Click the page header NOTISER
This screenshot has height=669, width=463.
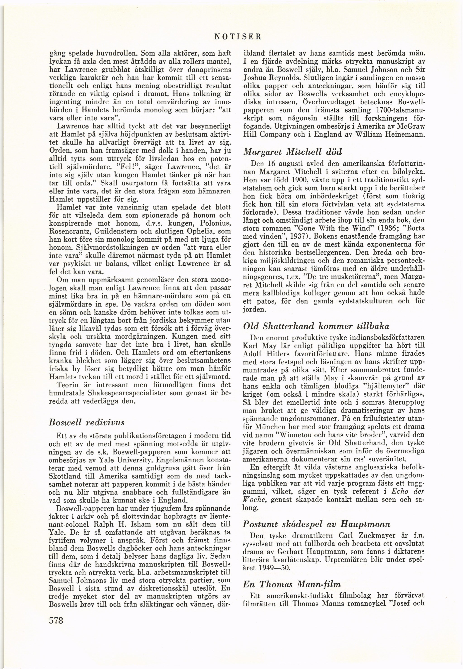coord(238,37)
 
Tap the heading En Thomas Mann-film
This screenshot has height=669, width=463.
coord(291,576)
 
